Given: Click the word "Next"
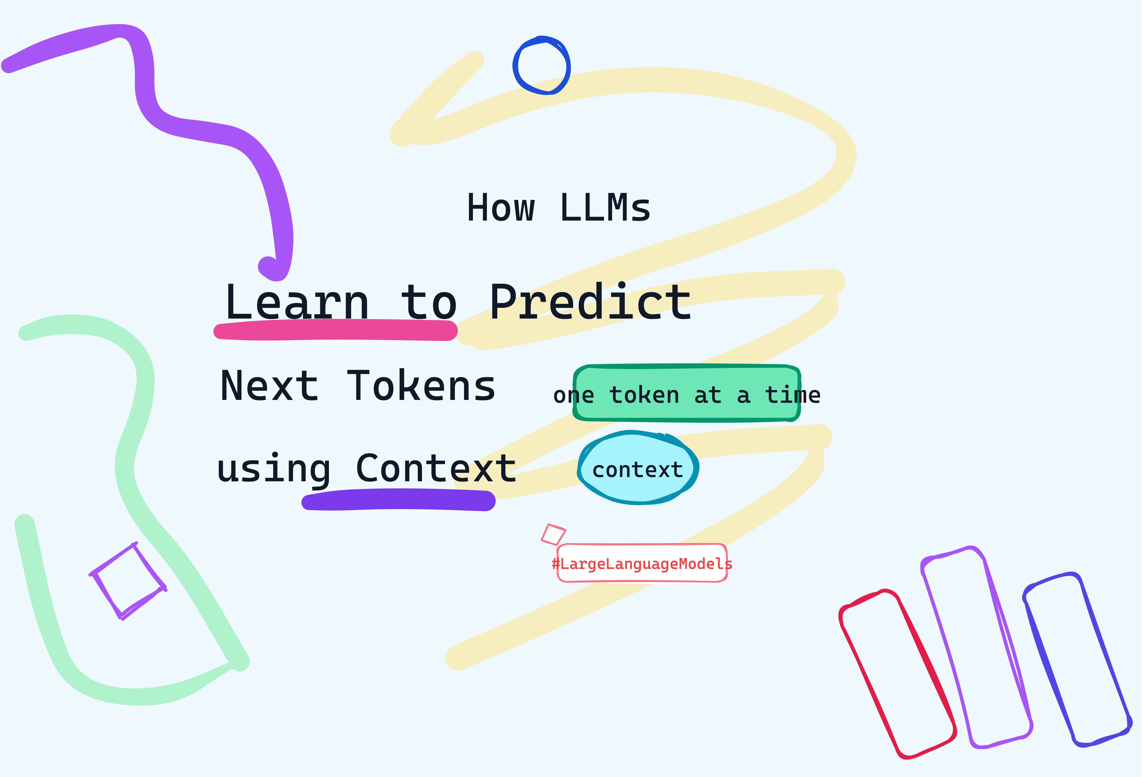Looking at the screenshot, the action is tap(269, 386).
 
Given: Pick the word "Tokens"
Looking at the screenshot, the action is tap(421, 386).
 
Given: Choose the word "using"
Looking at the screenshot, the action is tap(274, 469).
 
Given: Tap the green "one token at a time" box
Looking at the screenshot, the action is tap(686, 393).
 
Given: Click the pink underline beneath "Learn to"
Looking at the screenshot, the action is tap(336, 330).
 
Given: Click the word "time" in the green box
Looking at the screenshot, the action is tap(793, 395).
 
